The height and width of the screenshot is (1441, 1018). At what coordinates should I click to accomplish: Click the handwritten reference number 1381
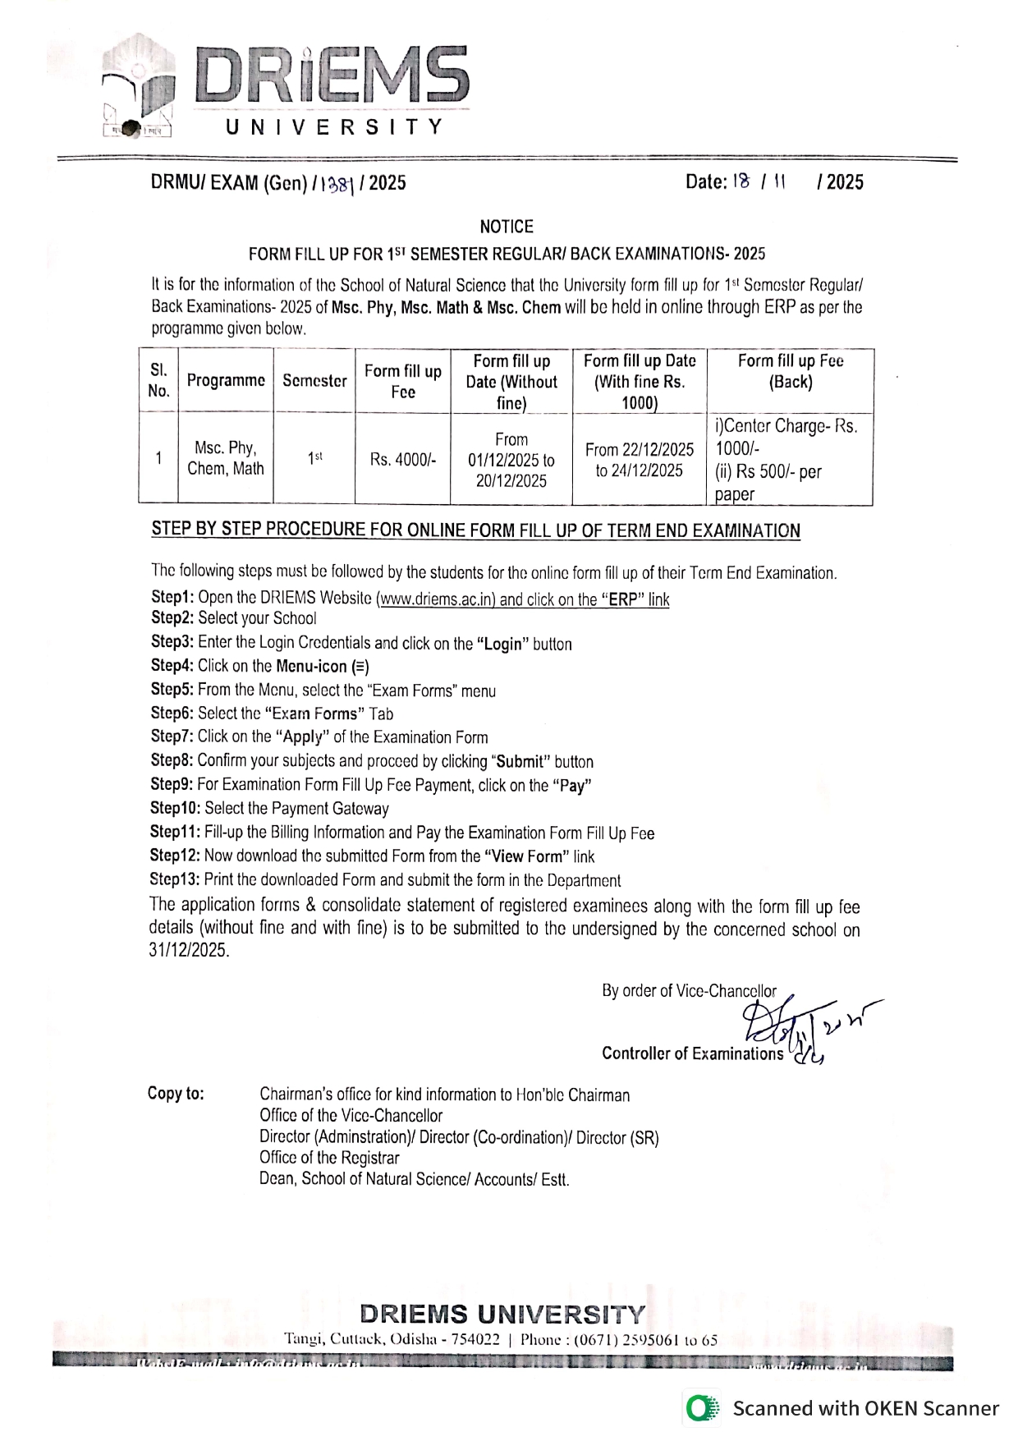(x=337, y=184)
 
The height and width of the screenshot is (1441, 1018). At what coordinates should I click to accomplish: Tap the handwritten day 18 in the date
(x=741, y=182)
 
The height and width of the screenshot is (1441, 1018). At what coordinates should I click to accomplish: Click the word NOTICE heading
(x=507, y=227)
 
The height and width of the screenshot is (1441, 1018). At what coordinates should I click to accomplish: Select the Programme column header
(x=226, y=381)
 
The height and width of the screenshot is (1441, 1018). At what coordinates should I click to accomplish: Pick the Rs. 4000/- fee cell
(x=402, y=460)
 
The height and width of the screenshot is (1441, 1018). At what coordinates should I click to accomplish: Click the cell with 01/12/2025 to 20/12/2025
(x=511, y=461)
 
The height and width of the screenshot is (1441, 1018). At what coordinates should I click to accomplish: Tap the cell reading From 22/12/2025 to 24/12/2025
(x=639, y=460)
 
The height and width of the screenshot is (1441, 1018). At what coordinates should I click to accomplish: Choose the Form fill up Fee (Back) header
(x=790, y=372)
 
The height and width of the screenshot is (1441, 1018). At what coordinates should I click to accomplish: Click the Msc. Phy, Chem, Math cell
(x=226, y=458)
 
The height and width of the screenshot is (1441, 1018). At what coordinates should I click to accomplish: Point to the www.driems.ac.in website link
(x=436, y=599)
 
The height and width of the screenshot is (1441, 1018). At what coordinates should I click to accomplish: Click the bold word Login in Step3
(x=502, y=645)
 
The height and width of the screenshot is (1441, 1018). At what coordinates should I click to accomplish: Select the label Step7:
(x=172, y=737)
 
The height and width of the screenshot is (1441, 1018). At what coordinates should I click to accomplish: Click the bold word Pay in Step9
(x=572, y=786)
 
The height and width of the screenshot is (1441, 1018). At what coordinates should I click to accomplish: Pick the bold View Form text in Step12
(x=526, y=856)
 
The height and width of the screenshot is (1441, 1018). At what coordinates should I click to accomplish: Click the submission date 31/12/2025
(x=188, y=951)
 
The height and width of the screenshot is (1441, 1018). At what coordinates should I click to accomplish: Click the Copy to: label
(x=176, y=1094)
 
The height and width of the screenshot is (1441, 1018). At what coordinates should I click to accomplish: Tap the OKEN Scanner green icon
(x=700, y=1409)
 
